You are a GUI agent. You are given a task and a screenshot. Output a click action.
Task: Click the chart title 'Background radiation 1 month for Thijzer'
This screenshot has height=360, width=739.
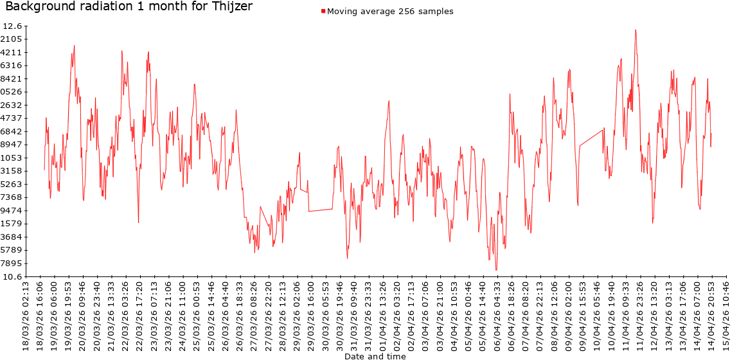click(129, 7)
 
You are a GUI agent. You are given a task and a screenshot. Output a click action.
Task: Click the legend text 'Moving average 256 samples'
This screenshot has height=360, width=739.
click(390, 11)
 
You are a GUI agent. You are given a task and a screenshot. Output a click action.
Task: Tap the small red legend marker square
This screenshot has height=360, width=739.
click(323, 11)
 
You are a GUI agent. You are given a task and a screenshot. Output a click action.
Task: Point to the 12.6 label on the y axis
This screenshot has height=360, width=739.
click(12, 26)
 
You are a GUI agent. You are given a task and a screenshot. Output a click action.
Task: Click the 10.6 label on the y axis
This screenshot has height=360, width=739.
click(12, 276)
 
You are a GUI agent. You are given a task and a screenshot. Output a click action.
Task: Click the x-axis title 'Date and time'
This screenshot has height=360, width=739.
click(375, 355)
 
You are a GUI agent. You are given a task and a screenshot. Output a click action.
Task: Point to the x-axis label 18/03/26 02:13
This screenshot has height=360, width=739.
click(26, 315)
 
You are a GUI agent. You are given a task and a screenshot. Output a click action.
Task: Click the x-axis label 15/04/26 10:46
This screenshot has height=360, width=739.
click(726, 315)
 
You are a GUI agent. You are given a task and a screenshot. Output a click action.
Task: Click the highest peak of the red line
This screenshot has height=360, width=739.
click(636, 30)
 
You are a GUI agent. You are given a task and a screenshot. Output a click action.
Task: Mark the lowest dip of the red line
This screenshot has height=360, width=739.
click(496, 270)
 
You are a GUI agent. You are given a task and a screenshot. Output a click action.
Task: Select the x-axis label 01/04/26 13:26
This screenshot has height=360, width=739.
click(384, 315)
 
